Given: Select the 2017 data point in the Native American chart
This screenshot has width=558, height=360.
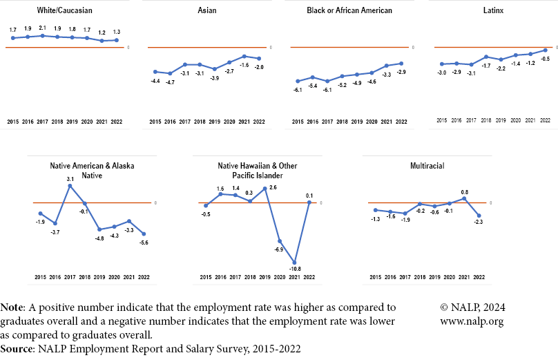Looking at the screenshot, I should [70, 185].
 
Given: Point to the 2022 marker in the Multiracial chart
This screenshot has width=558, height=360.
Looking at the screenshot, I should [479, 216].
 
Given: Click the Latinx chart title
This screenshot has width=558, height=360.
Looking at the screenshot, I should [492, 10].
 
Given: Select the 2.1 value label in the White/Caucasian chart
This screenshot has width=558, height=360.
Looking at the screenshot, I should [43, 28].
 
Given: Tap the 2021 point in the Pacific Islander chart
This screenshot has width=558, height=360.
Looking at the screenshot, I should [295, 262].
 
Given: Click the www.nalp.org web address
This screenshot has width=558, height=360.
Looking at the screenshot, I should [472, 321].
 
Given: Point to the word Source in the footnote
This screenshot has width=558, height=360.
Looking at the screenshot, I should [18, 349].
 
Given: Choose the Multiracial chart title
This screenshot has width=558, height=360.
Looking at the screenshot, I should [427, 167].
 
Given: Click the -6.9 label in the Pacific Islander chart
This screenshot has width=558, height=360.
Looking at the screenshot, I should [279, 249].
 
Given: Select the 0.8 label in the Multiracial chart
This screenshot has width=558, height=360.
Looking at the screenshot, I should [464, 192].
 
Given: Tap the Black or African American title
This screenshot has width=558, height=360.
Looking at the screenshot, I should [349, 10].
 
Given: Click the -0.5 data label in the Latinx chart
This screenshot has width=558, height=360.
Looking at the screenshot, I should [545, 59].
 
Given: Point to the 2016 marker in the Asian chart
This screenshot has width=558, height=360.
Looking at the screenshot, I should [170, 73].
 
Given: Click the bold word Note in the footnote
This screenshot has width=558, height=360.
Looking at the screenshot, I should [12, 307].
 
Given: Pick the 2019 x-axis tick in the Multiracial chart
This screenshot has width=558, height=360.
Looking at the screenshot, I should [434, 277].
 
